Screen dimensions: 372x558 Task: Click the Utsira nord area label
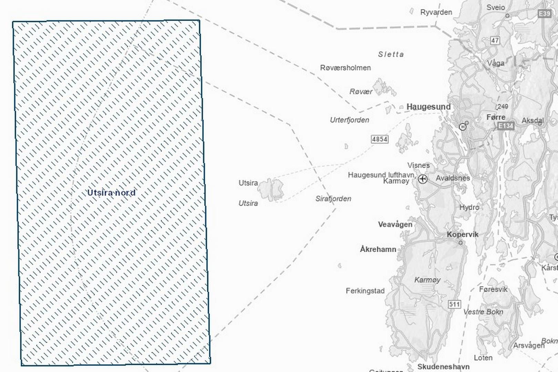pos(111,193)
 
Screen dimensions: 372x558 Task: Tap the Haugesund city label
pos(428,107)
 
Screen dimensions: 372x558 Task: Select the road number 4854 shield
pos(380,139)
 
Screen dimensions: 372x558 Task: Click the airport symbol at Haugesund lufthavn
pos(423,179)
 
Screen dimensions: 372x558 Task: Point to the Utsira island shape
pos(271,189)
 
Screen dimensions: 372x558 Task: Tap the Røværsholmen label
pos(345,68)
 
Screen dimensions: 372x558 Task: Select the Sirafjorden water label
pos(333,199)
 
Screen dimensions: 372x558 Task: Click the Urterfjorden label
pos(350,120)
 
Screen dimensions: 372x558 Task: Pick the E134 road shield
pos(506,126)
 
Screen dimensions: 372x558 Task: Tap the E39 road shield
pos(544,13)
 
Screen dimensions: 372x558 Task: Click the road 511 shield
pos(454,304)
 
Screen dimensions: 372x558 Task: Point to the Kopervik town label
pos(463,235)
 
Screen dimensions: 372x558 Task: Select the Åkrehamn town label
pos(378,249)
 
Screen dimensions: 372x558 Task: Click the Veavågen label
pos(395,225)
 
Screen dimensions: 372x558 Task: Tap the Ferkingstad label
pos(365,291)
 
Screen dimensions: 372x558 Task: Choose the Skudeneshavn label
pos(443,366)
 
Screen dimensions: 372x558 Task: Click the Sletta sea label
pos(391,54)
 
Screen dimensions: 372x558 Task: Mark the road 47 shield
pos(495,40)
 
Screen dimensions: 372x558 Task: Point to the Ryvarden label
pos(436,12)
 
